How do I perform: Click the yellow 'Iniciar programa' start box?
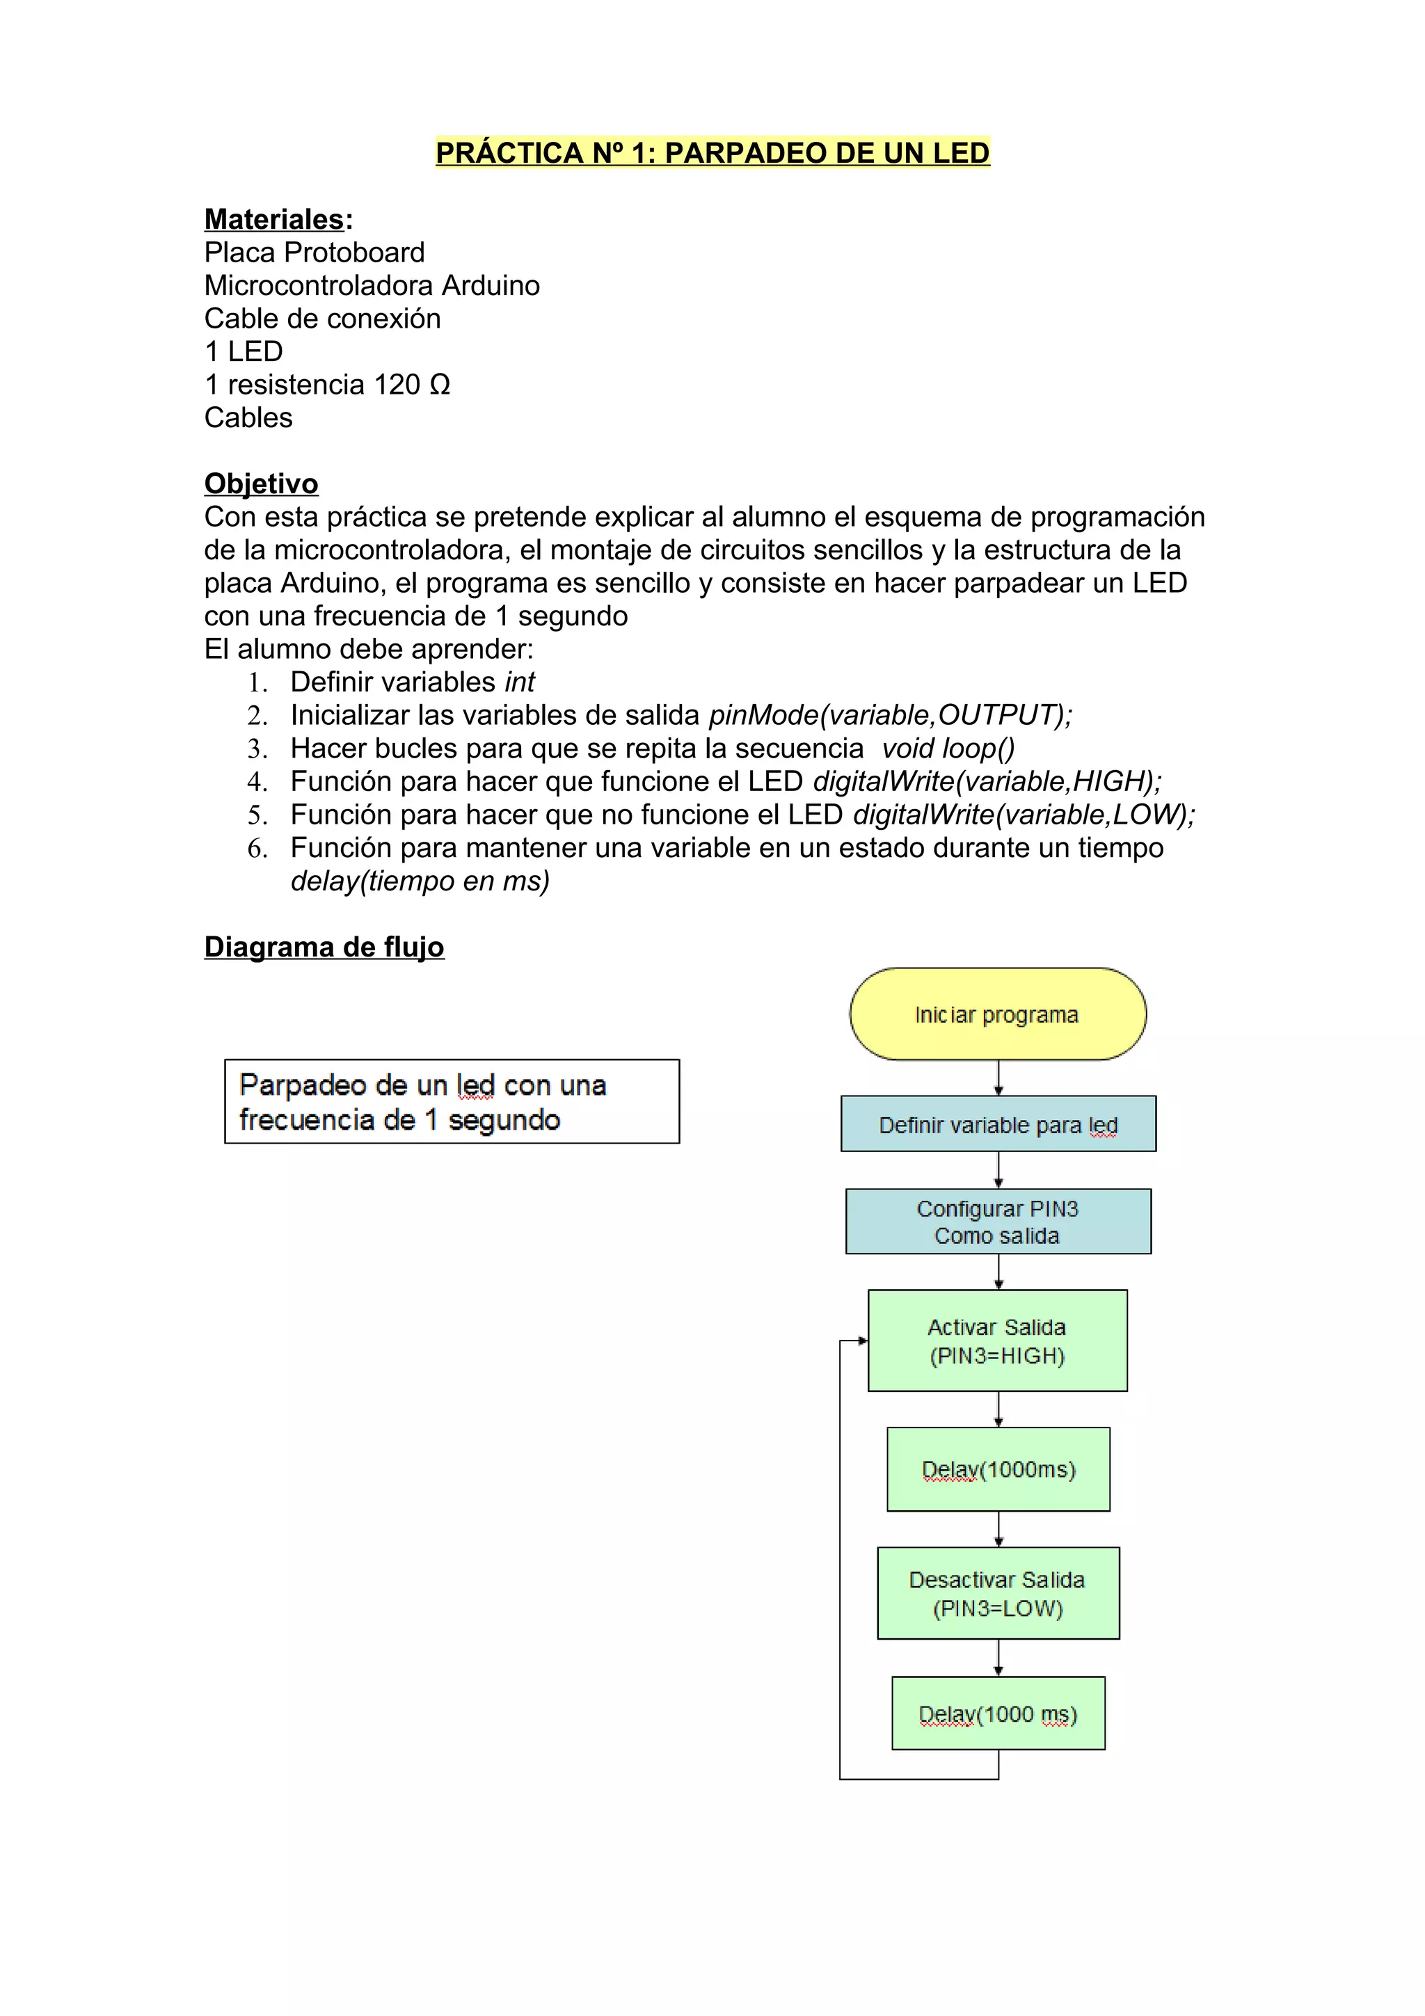tap(997, 1014)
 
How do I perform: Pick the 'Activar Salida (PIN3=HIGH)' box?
tap(997, 1341)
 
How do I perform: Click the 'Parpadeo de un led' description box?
tap(452, 1102)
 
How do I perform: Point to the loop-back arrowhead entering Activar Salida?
tap(863, 1341)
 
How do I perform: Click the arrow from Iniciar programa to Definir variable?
tap(998, 1078)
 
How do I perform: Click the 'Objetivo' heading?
tap(261, 483)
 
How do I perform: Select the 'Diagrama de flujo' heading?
tap(324, 947)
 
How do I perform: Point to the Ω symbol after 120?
tap(440, 385)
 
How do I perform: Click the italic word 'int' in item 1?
tap(520, 682)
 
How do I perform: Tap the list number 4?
tap(256, 781)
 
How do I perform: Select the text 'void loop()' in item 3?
tap(948, 749)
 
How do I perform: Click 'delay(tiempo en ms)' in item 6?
tap(420, 881)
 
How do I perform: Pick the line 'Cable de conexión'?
tap(322, 319)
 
